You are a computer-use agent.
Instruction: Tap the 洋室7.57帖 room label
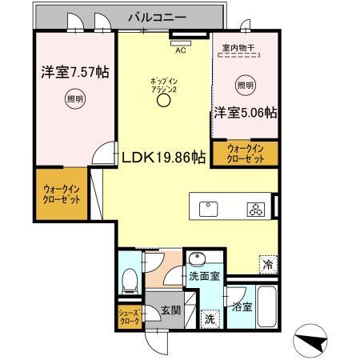(75, 73)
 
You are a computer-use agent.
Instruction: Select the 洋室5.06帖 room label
(245, 113)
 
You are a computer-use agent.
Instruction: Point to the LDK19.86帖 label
(163, 158)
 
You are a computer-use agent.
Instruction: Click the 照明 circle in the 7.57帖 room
(74, 100)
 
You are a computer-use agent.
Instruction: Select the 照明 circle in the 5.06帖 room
(246, 85)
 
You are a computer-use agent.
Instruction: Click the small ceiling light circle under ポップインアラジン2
(164, 102)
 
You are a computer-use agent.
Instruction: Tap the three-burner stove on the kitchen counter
(254, 210)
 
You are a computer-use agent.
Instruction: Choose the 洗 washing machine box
(209, 317)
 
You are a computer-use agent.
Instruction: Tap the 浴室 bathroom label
(242, 306)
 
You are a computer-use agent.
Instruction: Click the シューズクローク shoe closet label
(129, 316)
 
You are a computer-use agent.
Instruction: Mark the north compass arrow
(314, 342)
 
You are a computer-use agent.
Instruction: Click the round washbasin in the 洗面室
(197, 258)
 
